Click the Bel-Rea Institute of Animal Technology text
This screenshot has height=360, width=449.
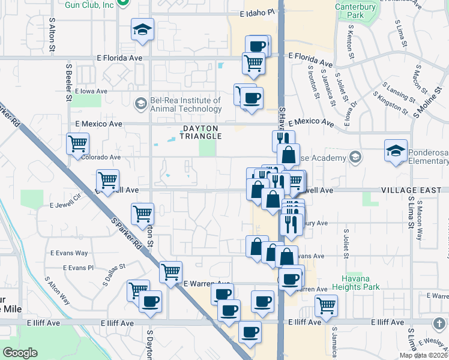pos(186,104)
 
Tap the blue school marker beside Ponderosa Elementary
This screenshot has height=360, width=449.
pos(396,150)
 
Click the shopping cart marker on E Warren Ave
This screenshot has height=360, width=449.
pos(170,271)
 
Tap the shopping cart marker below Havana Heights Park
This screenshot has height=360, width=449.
pos(327,304)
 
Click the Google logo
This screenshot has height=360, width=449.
pos(20,353)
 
